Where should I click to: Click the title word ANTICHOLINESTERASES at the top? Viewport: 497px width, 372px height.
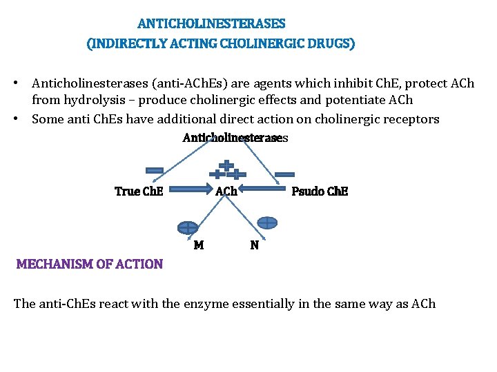(x=211, y=23)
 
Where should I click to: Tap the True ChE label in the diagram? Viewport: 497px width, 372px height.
(x=139, y=192)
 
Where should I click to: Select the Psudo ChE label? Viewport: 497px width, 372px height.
(x=320, y=192)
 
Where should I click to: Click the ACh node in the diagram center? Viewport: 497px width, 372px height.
(x=226, y=192)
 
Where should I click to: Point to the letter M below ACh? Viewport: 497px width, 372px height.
(x=199, y=245)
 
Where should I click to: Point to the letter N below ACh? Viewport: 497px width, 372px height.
(x=255, y=245)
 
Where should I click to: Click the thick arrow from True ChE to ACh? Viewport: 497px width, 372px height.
(x=186, y=186)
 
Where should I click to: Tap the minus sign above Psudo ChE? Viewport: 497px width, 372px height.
(x=284, y=174)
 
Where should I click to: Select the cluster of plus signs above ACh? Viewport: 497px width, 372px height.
(x=226, y=170)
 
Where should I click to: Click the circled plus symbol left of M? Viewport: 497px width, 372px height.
(x=187, y=227)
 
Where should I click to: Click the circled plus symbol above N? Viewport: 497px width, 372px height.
(x=267, y=223)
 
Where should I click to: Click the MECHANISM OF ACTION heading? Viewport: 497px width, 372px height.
(x=90, y=264)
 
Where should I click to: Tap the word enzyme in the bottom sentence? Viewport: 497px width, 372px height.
(x=206, y=304)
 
